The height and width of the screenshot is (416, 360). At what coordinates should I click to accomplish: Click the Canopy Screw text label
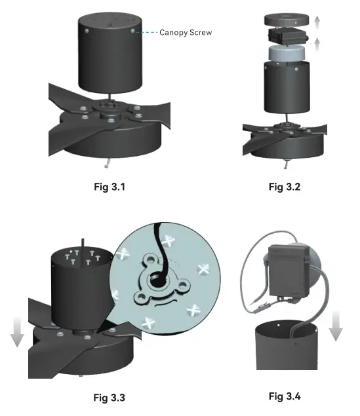(186, 31)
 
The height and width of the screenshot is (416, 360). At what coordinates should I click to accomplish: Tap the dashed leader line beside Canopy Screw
(147, 31)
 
